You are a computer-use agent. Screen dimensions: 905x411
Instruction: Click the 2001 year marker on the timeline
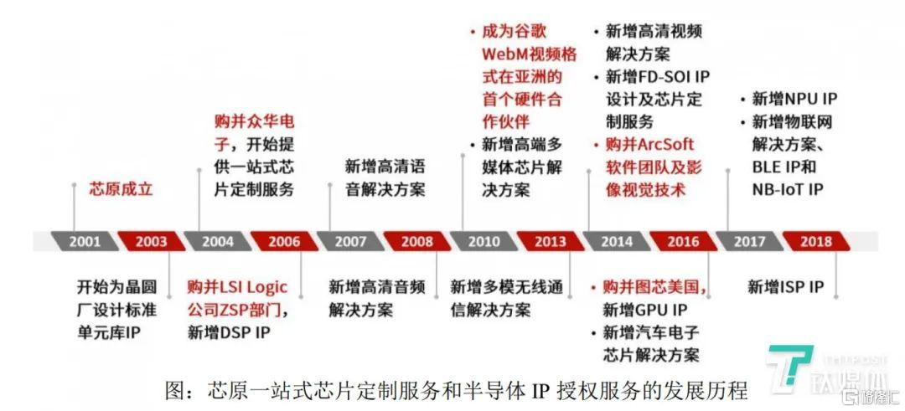(85, 241)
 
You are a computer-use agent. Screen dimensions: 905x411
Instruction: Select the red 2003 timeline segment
(151, 241)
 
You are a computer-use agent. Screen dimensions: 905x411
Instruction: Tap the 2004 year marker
(218, 241)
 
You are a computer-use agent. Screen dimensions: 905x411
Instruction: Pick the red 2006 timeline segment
(285, 241)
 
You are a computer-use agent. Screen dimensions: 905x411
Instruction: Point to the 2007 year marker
(351, 241)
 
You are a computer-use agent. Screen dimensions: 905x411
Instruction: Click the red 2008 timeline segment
(417, 241)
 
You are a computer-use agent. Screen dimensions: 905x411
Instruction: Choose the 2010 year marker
(484, 241)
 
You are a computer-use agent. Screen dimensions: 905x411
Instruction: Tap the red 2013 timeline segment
(551, 241)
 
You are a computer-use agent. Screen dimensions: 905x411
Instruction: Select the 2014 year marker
(617, 241)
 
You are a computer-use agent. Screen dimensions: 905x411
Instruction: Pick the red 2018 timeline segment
(816, 241)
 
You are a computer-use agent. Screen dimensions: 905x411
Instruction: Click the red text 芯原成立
(121, 189)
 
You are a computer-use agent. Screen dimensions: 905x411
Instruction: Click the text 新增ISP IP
(785, 286)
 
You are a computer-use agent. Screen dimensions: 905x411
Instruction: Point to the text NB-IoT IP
(787, 189)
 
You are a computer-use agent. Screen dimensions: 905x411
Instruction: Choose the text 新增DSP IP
(229, 332)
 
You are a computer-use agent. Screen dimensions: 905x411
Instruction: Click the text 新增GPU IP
(645, 310)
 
